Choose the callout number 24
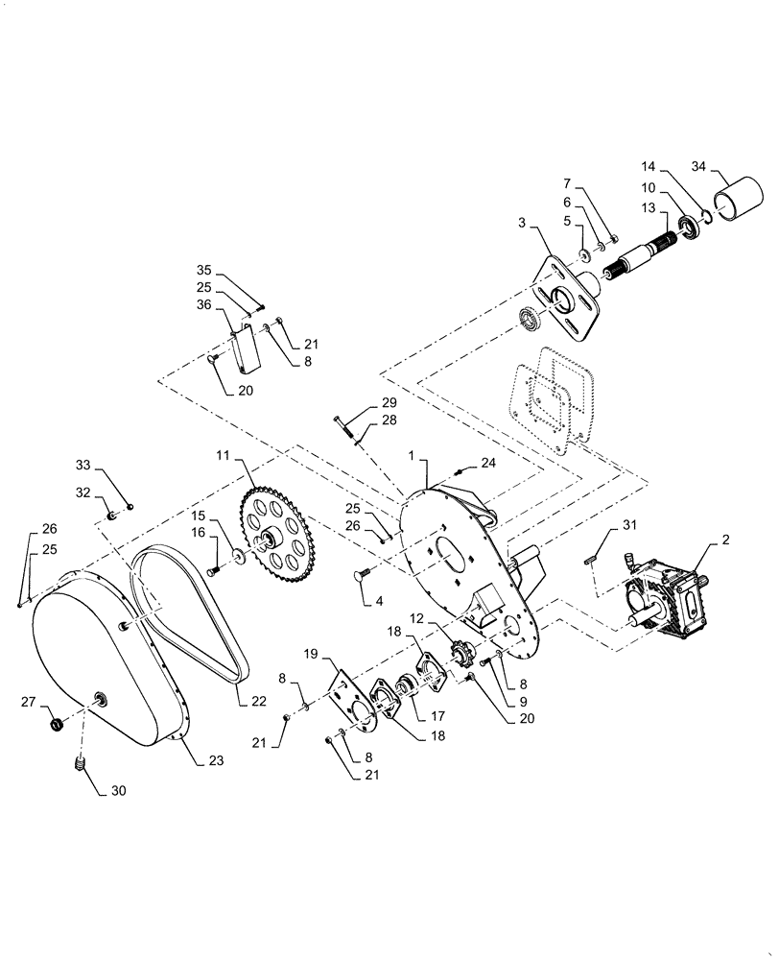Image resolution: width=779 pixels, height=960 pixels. pyautogui.click(x=489, y=463)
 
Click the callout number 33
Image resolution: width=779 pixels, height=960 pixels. pyautogui.click(x=83, y=465)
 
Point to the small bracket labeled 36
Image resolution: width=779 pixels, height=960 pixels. pyautogui.click(x=247, y=348)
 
